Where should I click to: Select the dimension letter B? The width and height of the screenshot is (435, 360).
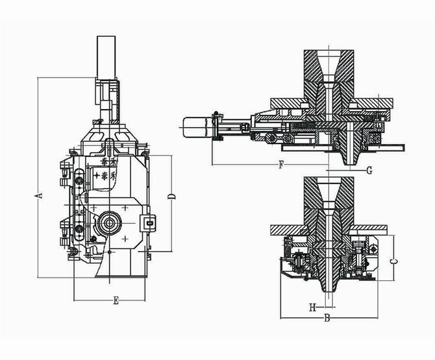[327, 318]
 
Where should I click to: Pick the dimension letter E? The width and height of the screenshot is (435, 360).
[115, 300]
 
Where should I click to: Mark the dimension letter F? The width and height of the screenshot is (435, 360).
[280, 165]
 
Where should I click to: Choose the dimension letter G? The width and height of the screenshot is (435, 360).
[369, 171]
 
